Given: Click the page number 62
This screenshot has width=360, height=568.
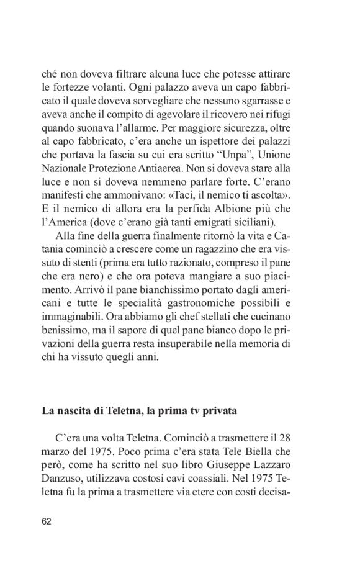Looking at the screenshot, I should [47, 520].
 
